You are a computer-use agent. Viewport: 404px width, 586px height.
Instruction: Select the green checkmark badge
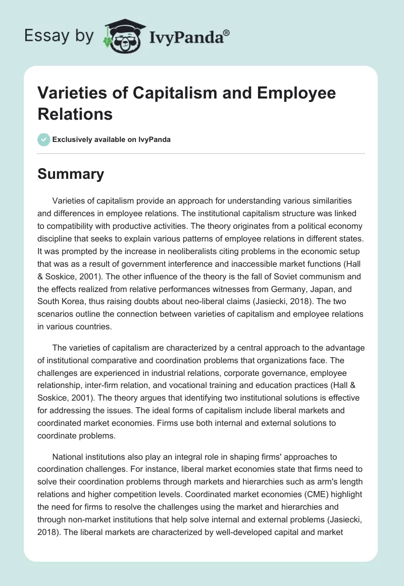pyautogui.click(x=44, y=139)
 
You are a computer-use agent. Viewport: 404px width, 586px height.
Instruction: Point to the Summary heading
pyautogui.click(x=71, y=174)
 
